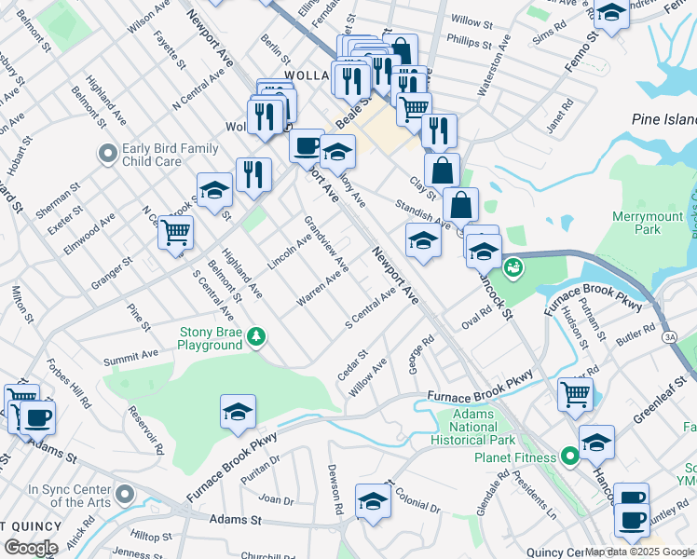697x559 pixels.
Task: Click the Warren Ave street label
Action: point(322,286)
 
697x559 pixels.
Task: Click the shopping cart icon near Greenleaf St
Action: point(575,393)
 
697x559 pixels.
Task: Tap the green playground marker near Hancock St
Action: point(511,269)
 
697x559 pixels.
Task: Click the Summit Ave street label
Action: point(130,356)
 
